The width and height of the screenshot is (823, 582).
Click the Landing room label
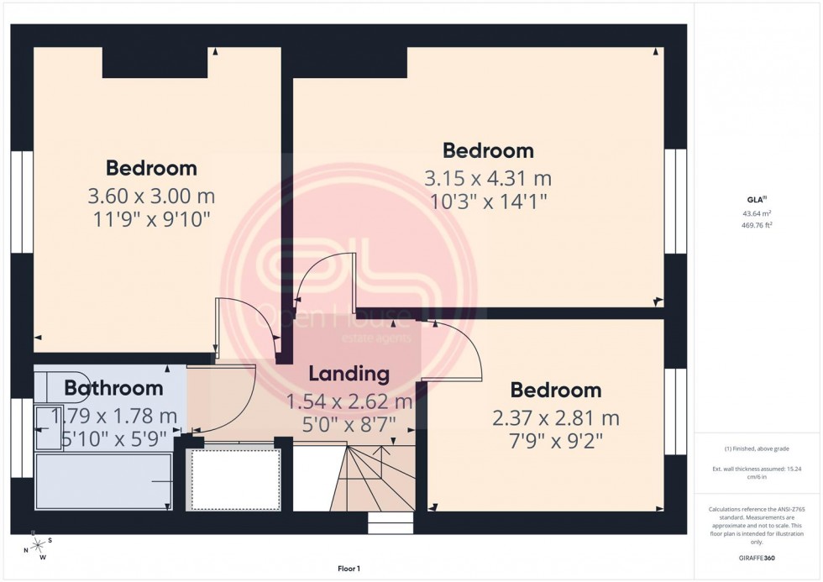349,374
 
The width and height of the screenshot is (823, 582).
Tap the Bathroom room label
113,388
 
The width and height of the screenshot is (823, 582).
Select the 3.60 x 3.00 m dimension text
151,197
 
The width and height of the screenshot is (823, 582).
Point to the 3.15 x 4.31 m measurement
487,179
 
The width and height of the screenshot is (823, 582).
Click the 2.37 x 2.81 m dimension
556,417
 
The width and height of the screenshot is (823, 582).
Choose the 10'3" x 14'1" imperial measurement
487,202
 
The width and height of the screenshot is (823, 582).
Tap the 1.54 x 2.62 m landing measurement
349,401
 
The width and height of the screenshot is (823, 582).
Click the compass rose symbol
38,547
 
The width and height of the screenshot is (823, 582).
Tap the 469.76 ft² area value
756,224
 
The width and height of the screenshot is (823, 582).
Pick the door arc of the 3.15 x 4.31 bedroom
323,277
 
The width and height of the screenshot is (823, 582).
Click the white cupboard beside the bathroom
233,479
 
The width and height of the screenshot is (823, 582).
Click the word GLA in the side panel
755,199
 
